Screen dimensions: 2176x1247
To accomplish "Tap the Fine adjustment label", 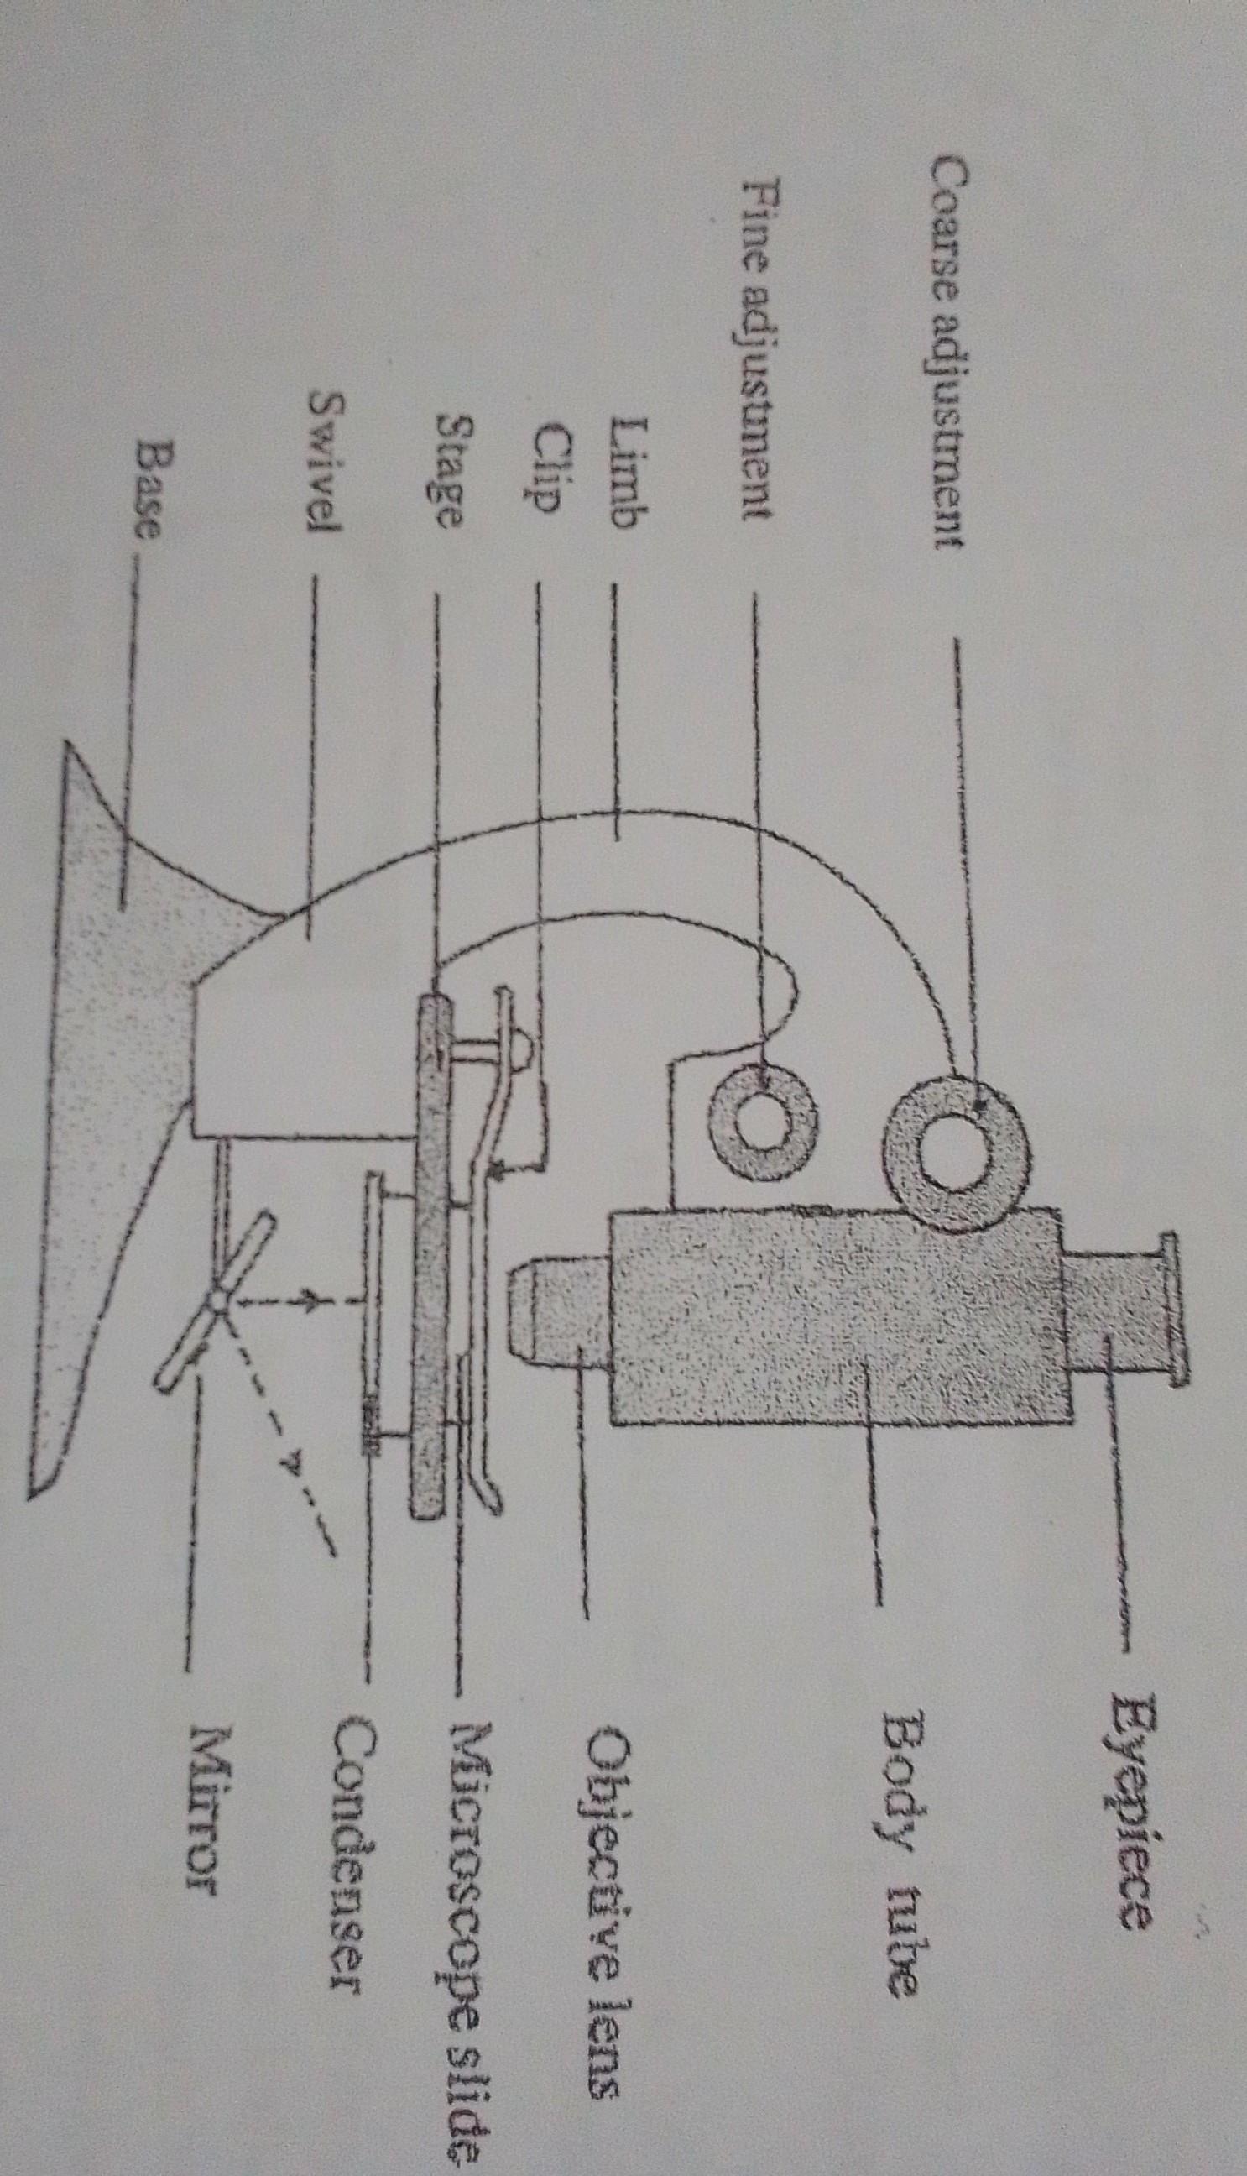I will tap(756, 349).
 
